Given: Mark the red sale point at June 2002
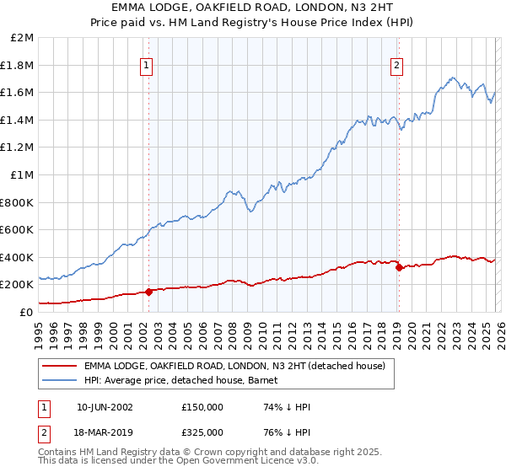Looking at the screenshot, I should tap(149, 292).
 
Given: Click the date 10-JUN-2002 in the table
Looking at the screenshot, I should tap(105, 406).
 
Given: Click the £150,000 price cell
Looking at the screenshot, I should tap(202, 406).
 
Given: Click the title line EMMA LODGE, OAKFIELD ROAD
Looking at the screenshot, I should tap(253, 9).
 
